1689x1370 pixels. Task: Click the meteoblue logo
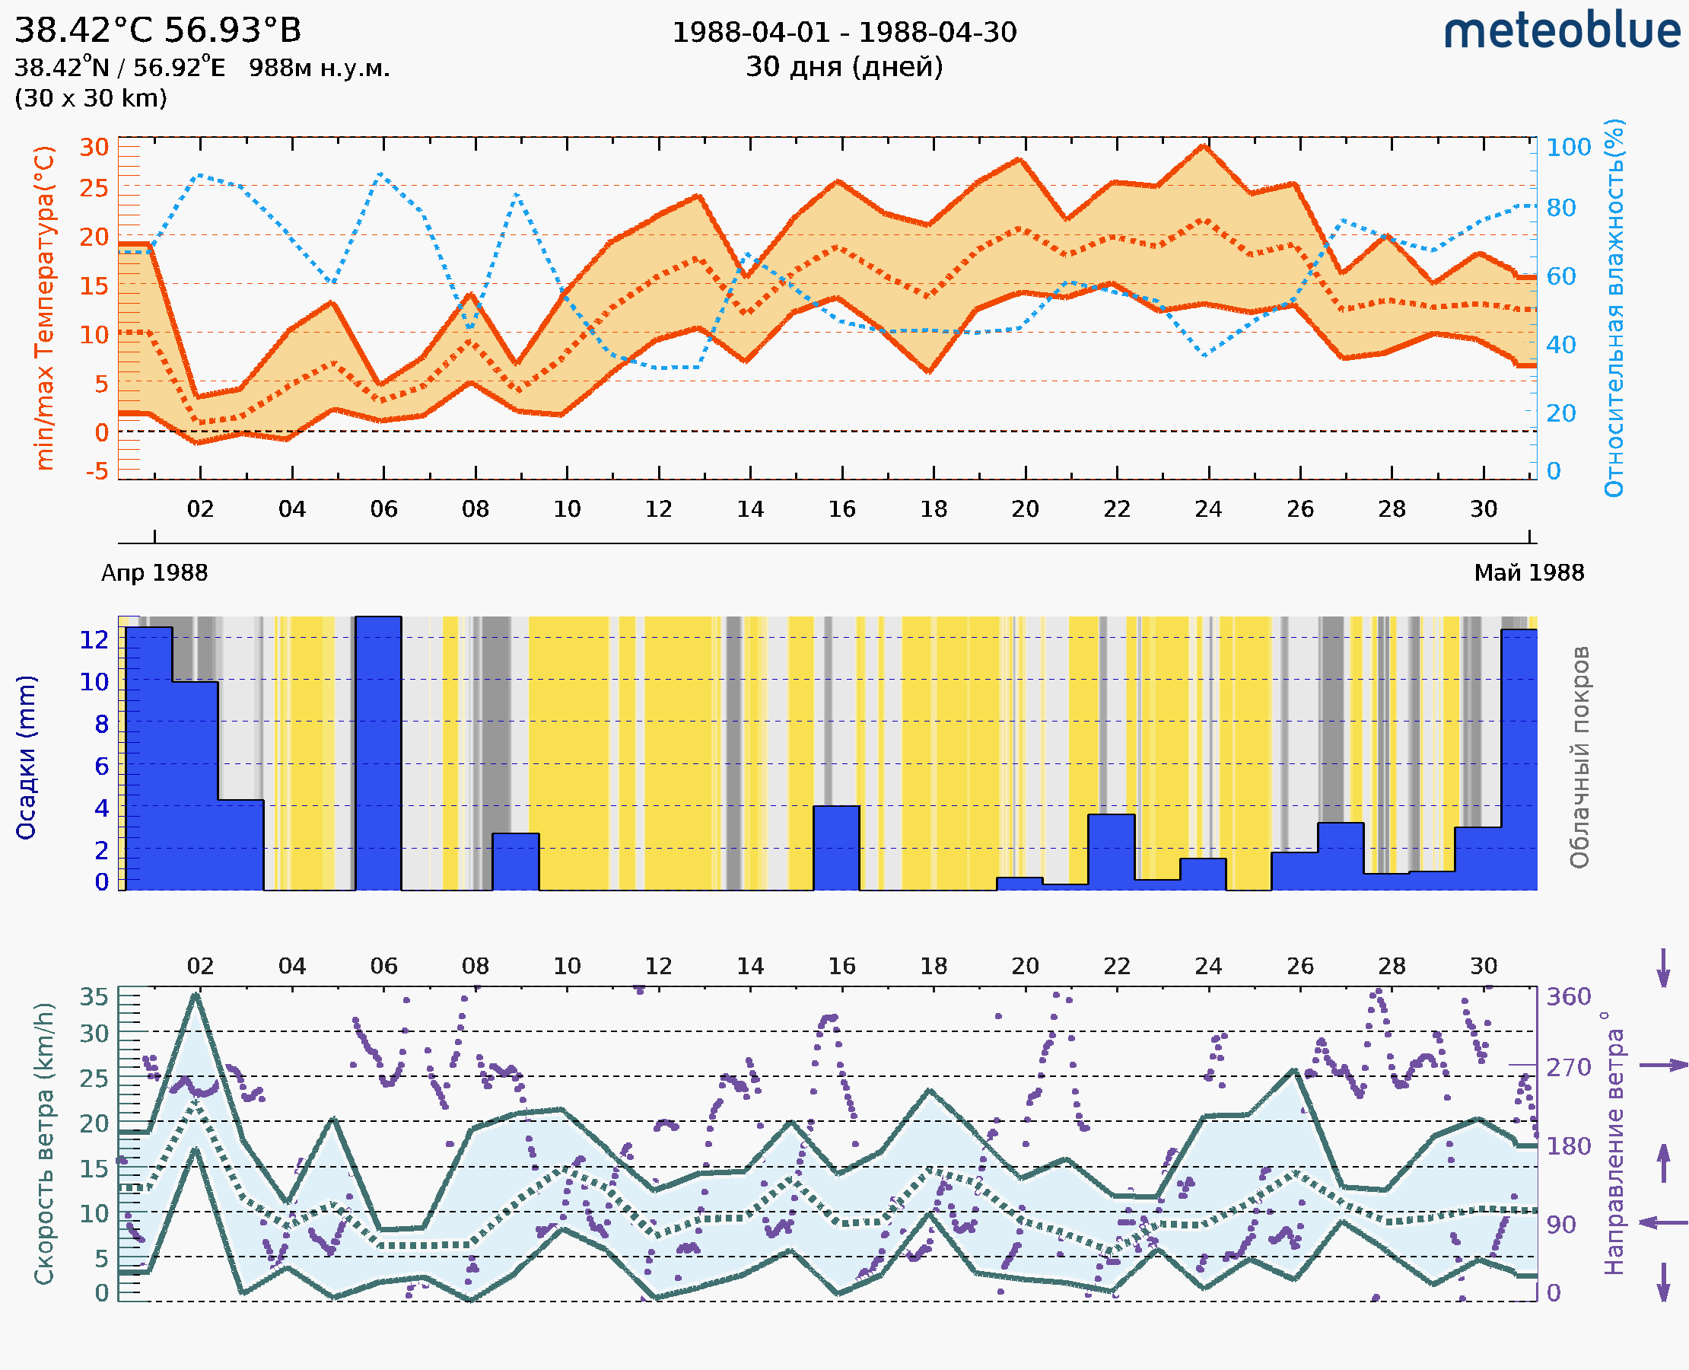1561,31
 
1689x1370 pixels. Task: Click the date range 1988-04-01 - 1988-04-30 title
844,33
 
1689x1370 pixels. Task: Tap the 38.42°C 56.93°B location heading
157,30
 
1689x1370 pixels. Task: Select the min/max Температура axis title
46,307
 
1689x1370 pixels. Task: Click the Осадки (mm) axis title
26,757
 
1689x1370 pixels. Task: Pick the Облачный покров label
1579,757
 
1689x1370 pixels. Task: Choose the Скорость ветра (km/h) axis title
44,1143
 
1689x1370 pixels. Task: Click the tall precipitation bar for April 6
378,753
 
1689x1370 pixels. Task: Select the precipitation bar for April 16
836,849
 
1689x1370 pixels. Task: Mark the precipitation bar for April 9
516,862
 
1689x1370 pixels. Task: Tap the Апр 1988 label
154,573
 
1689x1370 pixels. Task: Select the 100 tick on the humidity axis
1567,148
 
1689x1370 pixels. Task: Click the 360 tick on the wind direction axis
1568,997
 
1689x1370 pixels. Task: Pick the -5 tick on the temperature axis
97,472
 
